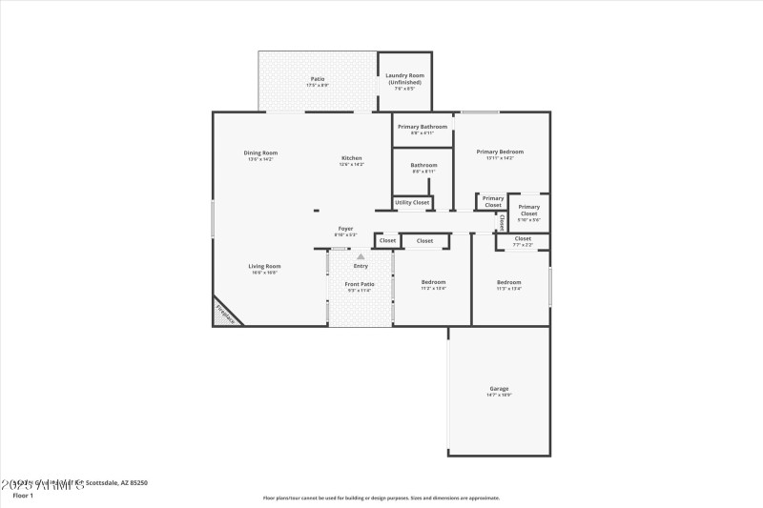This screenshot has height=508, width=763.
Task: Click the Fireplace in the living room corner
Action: click(224, 312)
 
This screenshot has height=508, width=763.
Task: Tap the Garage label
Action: click(499, 389)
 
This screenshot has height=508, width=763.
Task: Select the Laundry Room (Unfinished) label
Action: click(405, 78)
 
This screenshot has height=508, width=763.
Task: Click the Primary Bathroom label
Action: click(423, 127)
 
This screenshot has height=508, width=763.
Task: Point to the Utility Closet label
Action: click(412, 202)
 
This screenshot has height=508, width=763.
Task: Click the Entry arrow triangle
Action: click(361, 256)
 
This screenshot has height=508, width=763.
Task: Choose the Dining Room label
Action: click(260, 152)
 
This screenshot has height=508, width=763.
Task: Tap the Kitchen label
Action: click(352, 157)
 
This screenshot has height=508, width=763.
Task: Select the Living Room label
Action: click(264, 266)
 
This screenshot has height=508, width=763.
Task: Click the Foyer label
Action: click(345, 229)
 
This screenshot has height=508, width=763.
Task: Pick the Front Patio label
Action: click(360, 284)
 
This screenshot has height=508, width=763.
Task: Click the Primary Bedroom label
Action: click(500, 152)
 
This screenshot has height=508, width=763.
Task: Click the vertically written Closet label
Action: click(502, 222)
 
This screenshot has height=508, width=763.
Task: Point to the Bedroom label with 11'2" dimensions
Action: click(434, 282)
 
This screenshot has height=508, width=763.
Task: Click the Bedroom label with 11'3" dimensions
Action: click(508, 282)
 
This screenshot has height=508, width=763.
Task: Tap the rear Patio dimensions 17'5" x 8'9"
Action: click(318, 86)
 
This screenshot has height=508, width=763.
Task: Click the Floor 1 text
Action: click(23, 496)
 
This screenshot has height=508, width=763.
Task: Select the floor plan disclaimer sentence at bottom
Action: click(381, 498)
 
